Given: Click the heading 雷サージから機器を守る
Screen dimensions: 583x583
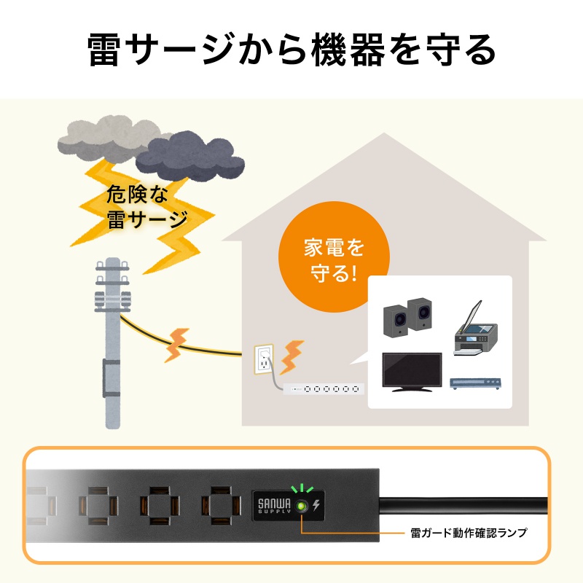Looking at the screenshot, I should coord(291,50).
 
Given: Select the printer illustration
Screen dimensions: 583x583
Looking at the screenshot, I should coord(474,332).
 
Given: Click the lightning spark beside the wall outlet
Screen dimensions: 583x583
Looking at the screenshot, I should coord(293,355).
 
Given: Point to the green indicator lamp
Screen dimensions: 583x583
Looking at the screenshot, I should coord(301,506).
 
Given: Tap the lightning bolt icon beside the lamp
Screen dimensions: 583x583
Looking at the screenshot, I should coord(316,506).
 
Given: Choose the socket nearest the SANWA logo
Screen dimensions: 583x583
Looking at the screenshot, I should coord(221,507).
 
